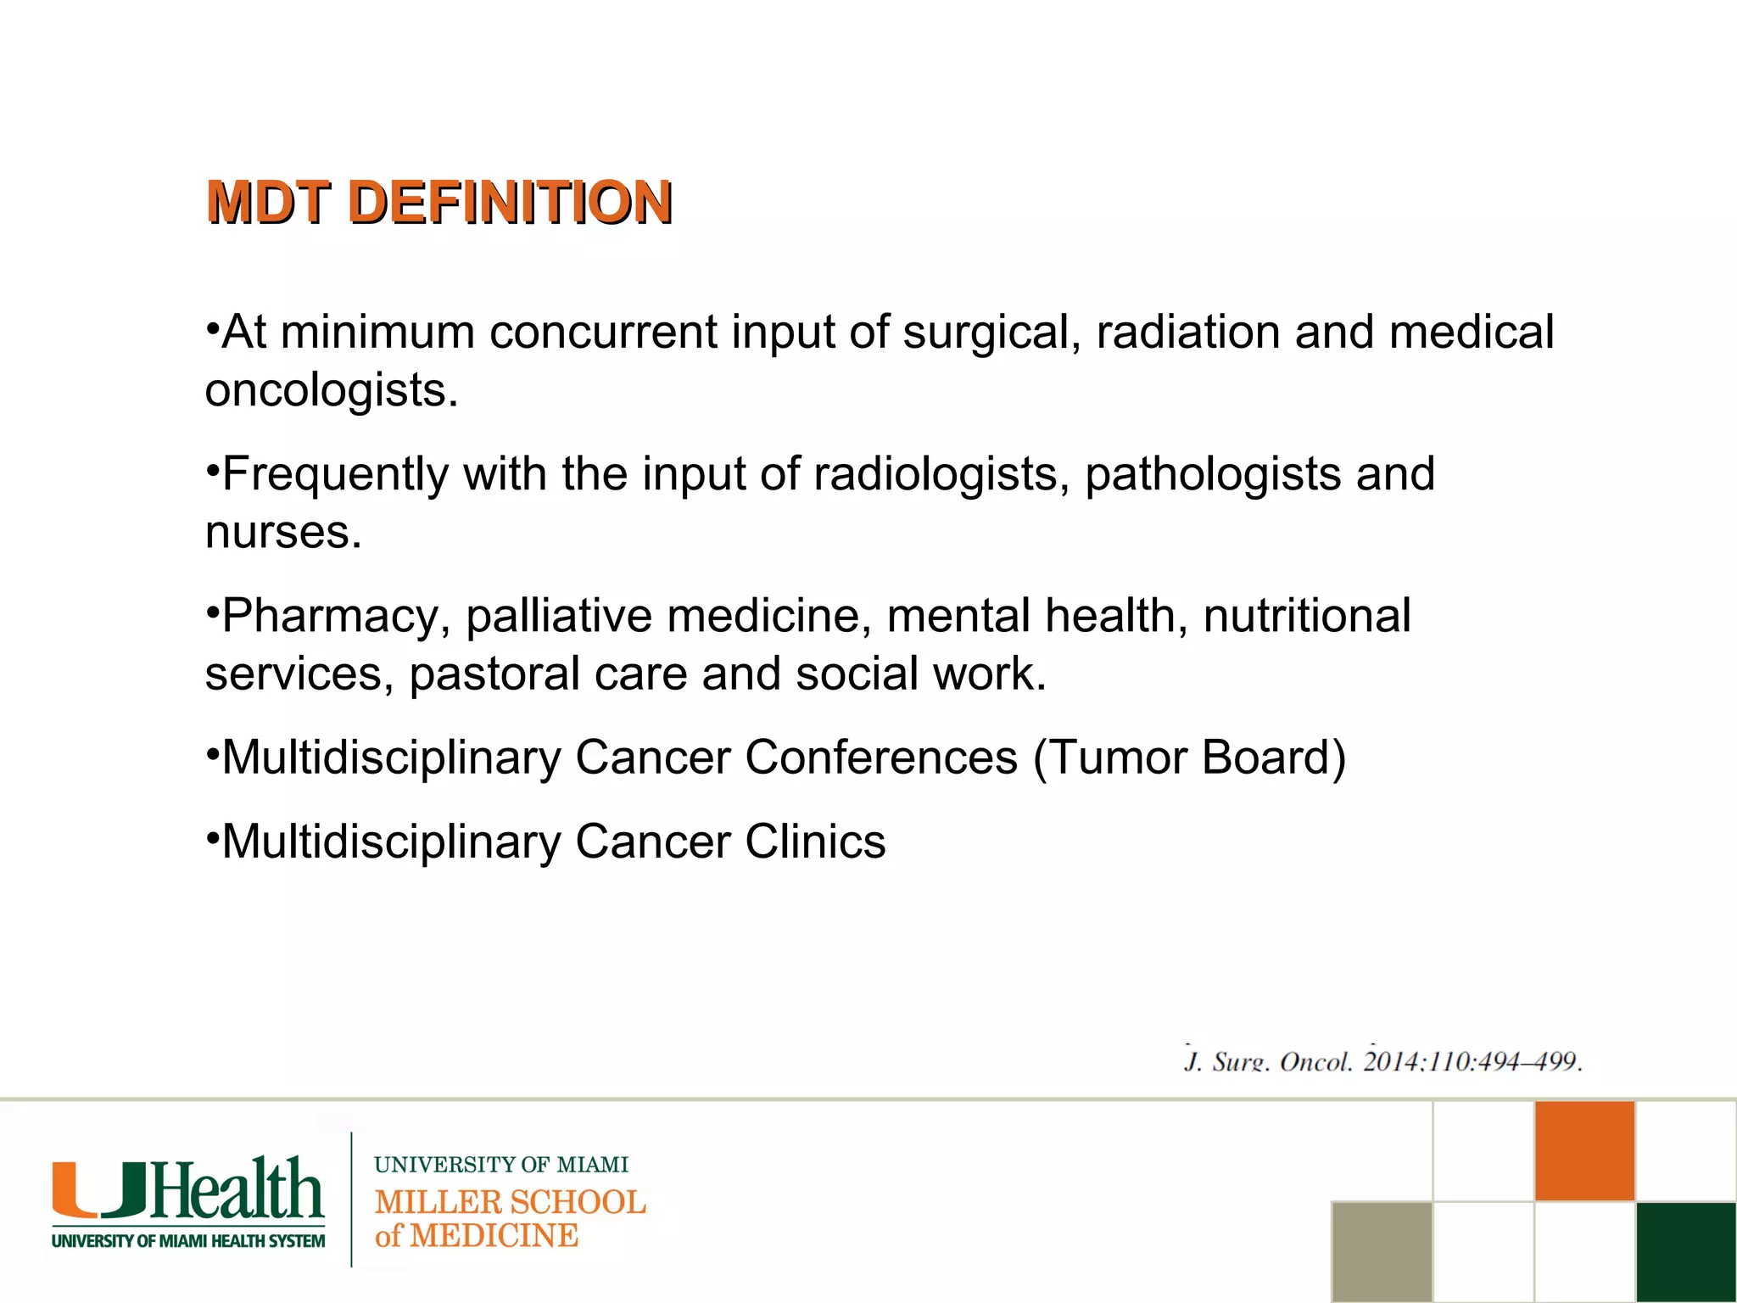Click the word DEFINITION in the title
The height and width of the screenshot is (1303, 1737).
point(510,203)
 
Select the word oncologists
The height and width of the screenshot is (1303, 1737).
point(332,390)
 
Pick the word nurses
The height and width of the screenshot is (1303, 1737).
point(283,533)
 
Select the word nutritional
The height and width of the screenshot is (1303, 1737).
point(1306,616)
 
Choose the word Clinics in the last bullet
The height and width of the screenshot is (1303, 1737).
point(815,842)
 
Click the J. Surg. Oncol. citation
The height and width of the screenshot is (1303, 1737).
point(1382,1060)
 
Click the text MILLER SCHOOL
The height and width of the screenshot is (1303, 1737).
point(510,1202)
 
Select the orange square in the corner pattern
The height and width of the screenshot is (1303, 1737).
point(1584,1151)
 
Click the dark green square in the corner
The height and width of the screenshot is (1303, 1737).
point(1686,1251)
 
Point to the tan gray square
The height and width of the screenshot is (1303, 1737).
point(1382,1251)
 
